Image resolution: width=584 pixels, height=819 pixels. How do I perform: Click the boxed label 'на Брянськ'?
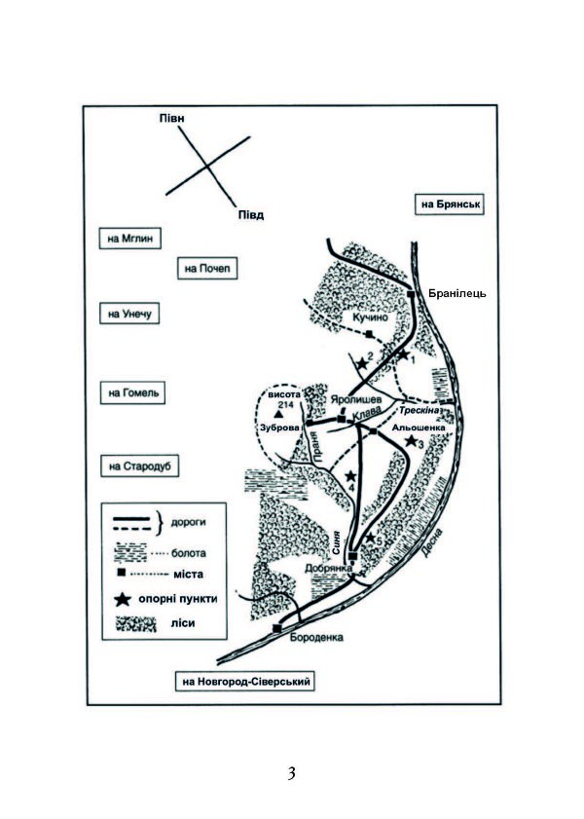click(450, 205)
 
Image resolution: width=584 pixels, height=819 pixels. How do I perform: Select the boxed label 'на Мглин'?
click(130, 239)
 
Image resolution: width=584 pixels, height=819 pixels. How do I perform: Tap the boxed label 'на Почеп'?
click(207, 269)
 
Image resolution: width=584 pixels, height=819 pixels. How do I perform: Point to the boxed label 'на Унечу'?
click(129, 314)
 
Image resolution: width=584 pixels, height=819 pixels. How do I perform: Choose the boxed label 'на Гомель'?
click(132, 392)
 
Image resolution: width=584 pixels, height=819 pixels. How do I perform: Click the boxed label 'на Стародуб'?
click(139, 465)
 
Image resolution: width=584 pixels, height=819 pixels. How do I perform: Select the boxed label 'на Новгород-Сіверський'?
click(245, 681)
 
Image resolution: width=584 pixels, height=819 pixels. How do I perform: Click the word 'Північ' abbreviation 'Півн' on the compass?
click(171, 118)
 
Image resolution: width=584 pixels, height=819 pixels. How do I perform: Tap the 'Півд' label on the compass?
click(251, 214)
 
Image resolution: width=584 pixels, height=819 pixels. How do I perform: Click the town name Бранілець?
click(457, 293)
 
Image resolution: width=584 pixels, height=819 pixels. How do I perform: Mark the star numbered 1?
click(403, 354)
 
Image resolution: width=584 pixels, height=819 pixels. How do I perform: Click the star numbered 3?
click(411, 441)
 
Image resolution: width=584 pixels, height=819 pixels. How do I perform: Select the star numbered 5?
click(370, 538)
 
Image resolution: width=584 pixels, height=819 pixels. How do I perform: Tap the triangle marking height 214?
click(279, 415)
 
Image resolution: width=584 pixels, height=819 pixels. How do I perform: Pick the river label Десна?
click(433, 542)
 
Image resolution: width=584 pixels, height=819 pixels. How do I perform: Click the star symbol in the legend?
click(122, 599)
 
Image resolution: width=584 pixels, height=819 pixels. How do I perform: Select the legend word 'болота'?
click(189, 552)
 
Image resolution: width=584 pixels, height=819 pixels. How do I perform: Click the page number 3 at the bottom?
click(292, 773)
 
